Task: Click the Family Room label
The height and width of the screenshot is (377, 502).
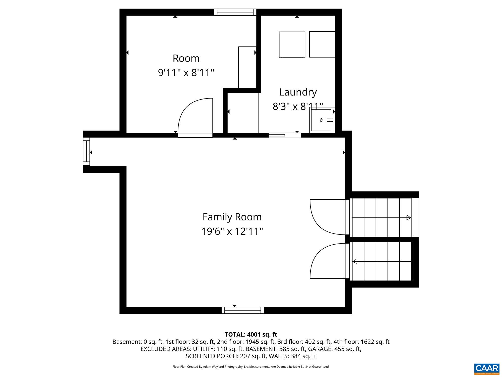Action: pos(232,217)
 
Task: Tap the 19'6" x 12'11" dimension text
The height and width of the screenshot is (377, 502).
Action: pos(232,231)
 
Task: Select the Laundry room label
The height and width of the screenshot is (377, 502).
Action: pos(298,92)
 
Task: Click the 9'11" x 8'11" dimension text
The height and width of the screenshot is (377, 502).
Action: pos(186,73)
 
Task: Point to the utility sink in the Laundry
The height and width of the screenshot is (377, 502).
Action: pos(322,120)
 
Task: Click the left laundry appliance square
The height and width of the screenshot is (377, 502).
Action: pos(292,44)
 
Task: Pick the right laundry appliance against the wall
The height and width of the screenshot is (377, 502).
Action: pos(322,44)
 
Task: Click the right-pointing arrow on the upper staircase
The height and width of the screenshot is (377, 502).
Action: pos(409,218)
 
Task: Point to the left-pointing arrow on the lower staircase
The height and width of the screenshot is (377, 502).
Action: pos(355,261)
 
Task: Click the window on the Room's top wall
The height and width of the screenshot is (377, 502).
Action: pos(235,12)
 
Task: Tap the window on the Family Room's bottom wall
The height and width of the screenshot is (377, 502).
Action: pos(242,310)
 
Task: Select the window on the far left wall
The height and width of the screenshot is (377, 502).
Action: pos(86,151)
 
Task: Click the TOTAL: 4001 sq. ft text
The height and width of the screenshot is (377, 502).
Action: pos(251,335)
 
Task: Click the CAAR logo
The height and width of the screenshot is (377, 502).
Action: pos(487,368)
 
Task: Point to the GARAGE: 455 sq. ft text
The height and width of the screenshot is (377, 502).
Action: pos(335,349)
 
